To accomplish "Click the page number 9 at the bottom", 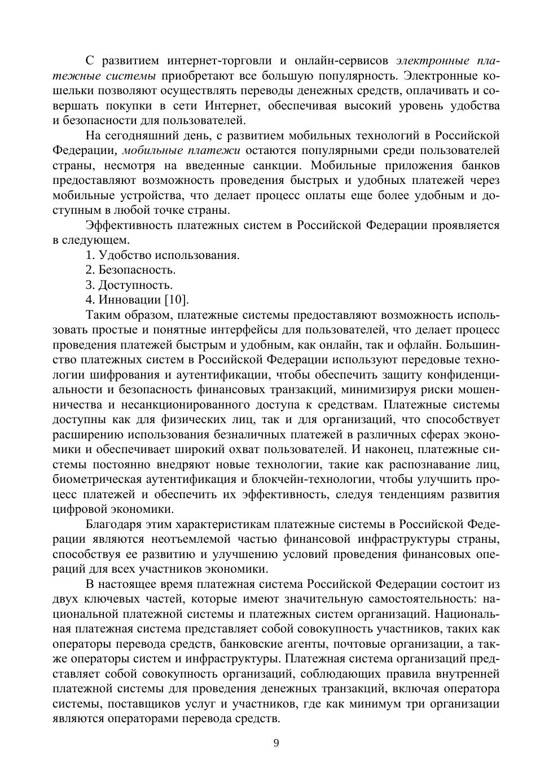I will click(276, 743).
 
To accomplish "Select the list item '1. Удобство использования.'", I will click(163, 255).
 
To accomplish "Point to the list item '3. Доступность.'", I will click(129, 285).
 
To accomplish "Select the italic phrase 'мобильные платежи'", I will click(181, 151).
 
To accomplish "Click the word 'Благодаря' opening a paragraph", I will click(113, 524).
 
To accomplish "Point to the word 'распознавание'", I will click(428, 464).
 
